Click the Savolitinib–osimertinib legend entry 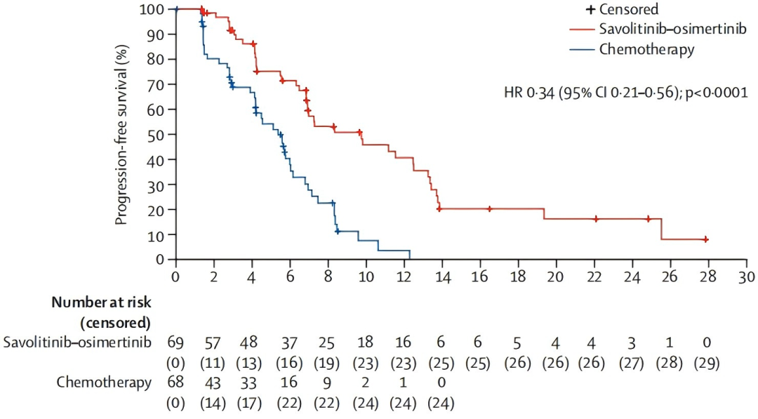[x=658, y=29]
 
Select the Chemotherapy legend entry [x=632, y=49]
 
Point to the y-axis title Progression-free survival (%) [x=122, y=135]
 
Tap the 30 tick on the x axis [x=746, y=277]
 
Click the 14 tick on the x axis [x=442, y=277]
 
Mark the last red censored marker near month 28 [x=705, y=239]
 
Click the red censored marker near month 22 [x=596, y=219]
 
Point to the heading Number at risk [x=102, y=302]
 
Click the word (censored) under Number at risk [x=115, y=322]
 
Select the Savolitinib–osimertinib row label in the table [x=77, y=342]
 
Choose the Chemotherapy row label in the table [x=104, y=383]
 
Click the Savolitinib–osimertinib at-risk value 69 [x=175, y=342]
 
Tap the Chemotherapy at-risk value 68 [x=175, y=383]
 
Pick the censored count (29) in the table [x=707, y=362]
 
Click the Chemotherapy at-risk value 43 [x=213, y=383]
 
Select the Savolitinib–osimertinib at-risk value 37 [x=289, y=344]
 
